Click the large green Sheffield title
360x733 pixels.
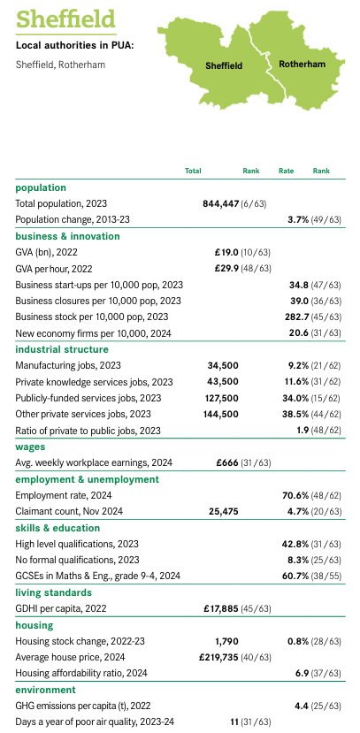[65, 19]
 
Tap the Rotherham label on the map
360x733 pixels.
[302, 64]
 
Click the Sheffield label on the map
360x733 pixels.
[224, 66]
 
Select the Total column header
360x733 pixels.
[193, 171]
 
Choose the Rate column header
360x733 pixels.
[286, 171]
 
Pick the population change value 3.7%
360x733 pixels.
[298, 219]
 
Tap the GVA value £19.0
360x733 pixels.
[226, 252]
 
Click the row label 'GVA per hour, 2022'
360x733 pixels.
[54, 269]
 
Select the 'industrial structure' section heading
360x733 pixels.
[62, 349]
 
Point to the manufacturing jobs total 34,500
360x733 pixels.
[223, 365]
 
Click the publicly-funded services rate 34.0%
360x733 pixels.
[296, 398]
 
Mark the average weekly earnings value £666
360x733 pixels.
[227, 462]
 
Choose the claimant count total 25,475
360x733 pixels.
[223, 511]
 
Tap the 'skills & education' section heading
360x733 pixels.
[57, 528]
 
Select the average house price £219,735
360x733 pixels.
[219, 657]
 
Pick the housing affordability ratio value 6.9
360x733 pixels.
[303, 673]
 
